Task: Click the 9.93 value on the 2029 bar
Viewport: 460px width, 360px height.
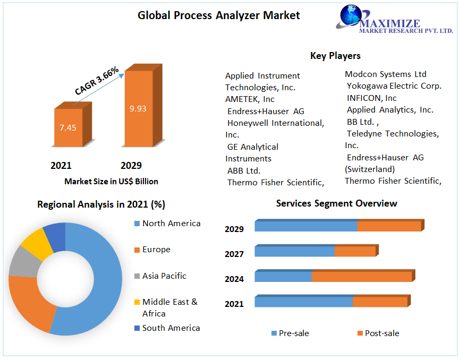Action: [138, 109]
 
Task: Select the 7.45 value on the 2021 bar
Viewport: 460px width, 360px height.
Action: [68, 127]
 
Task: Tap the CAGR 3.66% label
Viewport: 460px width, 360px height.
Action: [97, 81]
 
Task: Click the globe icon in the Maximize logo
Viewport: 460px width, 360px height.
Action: [351, 16]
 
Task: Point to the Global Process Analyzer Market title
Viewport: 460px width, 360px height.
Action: [219, 15]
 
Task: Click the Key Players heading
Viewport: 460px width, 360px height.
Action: [335, 56]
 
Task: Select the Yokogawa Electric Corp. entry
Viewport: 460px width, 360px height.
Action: [394, 86]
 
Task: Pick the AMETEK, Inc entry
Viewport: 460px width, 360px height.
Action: [250, 99]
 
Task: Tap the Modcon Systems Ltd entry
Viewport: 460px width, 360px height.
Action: [386, 74]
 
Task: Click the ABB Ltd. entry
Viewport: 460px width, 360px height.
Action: [244, 170]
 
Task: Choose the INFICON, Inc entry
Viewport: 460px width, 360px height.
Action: [372, 98]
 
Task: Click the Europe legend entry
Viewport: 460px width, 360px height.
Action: [156, 250]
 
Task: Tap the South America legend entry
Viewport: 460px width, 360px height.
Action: [171, 328]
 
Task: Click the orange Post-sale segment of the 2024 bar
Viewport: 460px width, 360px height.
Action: [361, 277]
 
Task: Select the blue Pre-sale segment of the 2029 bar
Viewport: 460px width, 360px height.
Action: [305, 226]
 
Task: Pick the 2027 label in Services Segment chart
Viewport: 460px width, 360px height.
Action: [234, 254]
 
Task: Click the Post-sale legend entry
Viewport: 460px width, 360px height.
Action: [381, 333]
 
